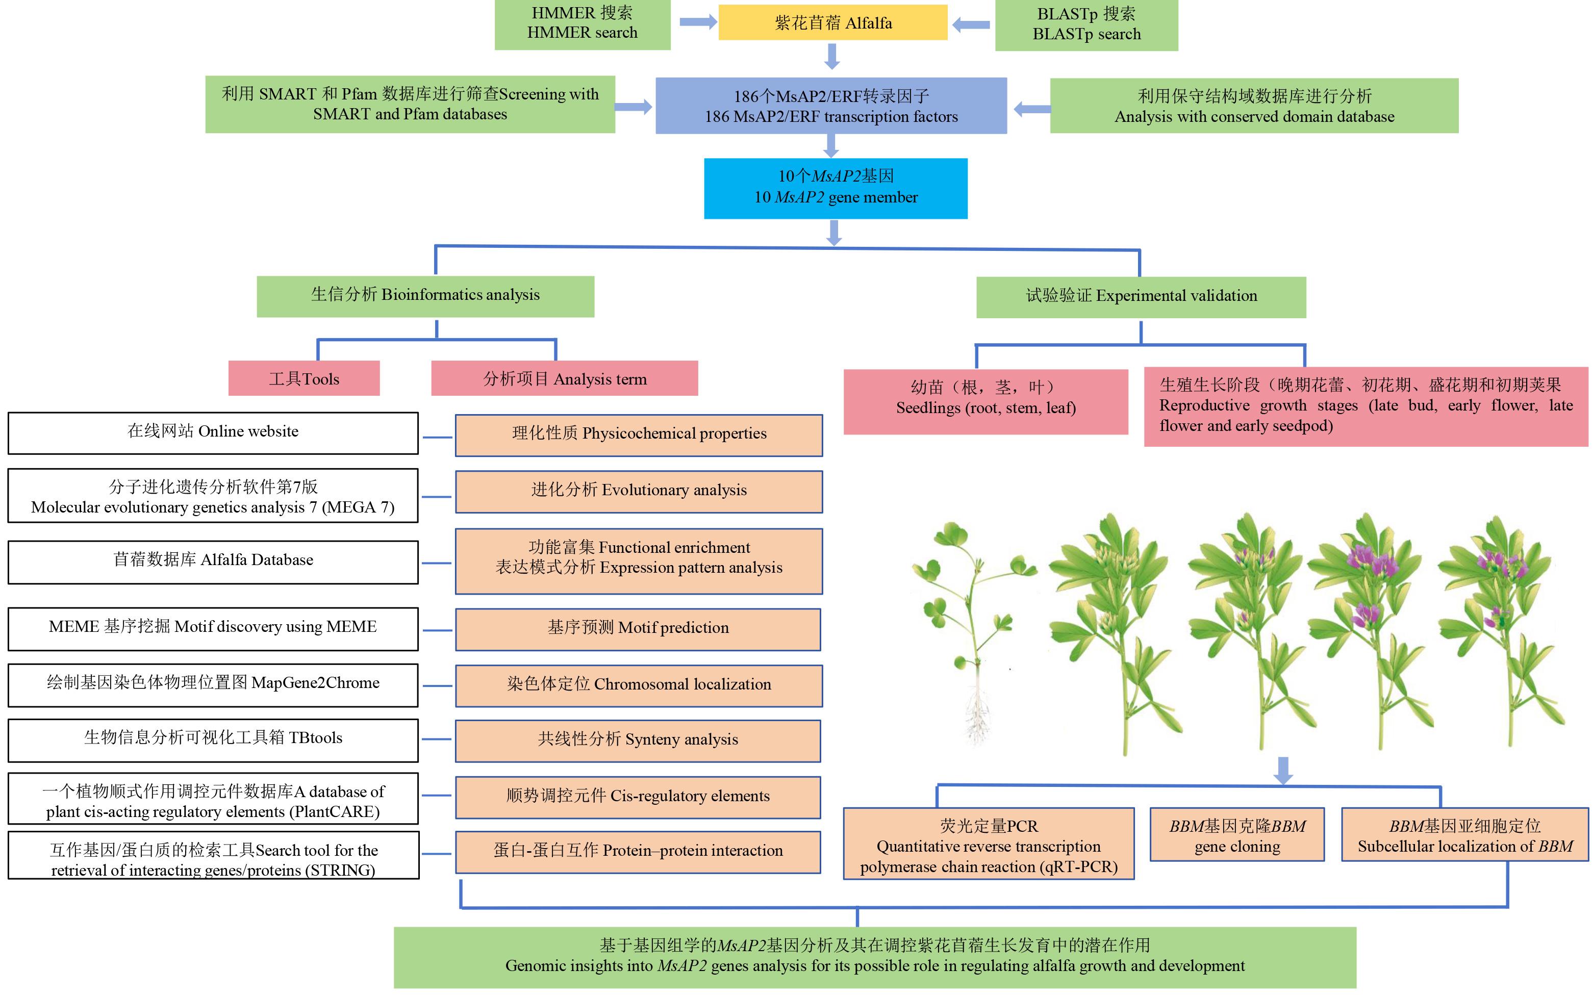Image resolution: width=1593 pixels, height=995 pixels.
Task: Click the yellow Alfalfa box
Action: point(832,22)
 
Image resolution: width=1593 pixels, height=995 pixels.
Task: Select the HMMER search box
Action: point(583,24)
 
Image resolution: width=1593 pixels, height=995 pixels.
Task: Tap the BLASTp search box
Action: point(1086,25)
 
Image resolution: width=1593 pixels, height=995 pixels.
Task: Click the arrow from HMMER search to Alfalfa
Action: point(697,22)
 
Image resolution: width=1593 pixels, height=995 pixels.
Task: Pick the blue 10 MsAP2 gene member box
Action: point(836,188)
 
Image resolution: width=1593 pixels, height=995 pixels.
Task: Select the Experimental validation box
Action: point(1141,297)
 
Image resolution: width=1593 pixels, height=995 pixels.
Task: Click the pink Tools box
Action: point(304,378)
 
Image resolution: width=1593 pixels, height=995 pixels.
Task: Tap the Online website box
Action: point(213,433)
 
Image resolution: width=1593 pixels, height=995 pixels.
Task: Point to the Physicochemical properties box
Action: point(639,435)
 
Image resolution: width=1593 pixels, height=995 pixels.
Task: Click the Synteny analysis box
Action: point(638,741)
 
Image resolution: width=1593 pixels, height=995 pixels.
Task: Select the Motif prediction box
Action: point(638,630)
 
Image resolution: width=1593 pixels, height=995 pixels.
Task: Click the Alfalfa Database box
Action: point(213,562)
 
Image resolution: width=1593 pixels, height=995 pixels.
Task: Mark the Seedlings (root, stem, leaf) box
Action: point(985,401)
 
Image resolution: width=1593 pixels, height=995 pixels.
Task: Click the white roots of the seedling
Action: point(978,714)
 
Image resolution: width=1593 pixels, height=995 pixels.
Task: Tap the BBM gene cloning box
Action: point(1237,834)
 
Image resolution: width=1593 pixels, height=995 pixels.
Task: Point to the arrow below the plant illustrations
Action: point(1283,771)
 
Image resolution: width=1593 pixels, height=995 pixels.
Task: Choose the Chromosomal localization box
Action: point(639,686)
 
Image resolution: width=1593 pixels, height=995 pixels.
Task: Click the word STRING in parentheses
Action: point(343,870)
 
